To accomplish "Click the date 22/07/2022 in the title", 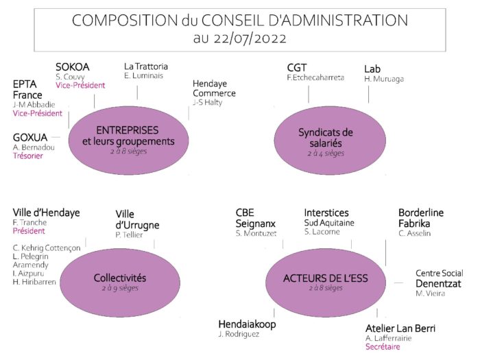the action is click(x=250, y=39).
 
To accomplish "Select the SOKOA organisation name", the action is click(x=73, y=67).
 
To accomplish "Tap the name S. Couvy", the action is click(x=70, y=77).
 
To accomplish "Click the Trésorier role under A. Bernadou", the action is click(x=28, y=156).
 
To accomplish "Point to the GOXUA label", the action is click(x=30, y=137).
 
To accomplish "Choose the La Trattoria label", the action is click(x=146, y=67).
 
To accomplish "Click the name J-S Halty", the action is click(x=208, y=102).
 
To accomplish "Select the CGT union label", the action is click(x=297, y=68).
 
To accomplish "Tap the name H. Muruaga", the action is click(x=384, y=79).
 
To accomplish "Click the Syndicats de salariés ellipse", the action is click(x=330, y=141).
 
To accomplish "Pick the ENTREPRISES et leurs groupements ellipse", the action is click(x=129, y=141).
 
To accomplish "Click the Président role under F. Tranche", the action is click(x=29, y=231).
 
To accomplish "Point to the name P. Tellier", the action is click(x=129, y=235).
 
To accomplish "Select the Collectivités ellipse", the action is click(x=120, y=283).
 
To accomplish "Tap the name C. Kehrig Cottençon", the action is click(x=47, y=248).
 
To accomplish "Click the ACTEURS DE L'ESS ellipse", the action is click(x=326, y=283).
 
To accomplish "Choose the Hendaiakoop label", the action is click(x=247, y=324).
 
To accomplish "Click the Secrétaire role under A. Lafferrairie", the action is click(x=383, y=347).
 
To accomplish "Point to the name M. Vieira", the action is click(x=430, y=293).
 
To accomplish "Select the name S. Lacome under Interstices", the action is click(x=322, y=232).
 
